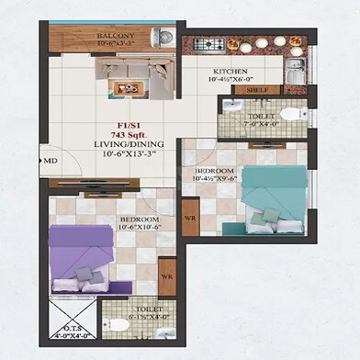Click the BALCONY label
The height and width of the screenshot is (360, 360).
[x=116, y=36]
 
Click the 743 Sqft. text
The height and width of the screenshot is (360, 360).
[x=117, y=134]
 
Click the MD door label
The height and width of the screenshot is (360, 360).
[x=51, y=161]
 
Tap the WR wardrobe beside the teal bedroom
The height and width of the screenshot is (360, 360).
[x=191, y=219]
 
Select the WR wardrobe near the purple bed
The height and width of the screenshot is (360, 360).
[x=167, y=275]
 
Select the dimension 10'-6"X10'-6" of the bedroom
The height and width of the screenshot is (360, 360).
[x=139, y=230]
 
